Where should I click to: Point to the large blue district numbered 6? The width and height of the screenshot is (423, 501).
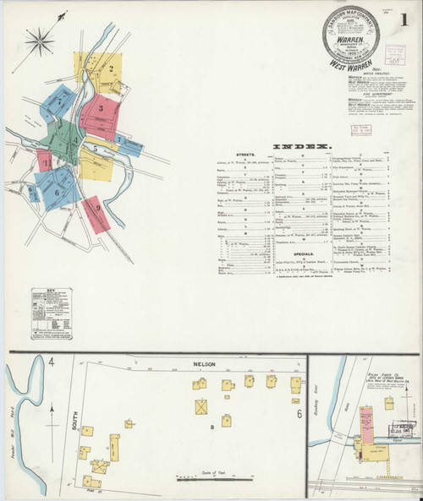point(58,190)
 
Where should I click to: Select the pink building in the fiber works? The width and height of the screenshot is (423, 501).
point(365,422)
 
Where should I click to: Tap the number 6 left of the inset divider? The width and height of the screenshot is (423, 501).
point(299,414)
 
